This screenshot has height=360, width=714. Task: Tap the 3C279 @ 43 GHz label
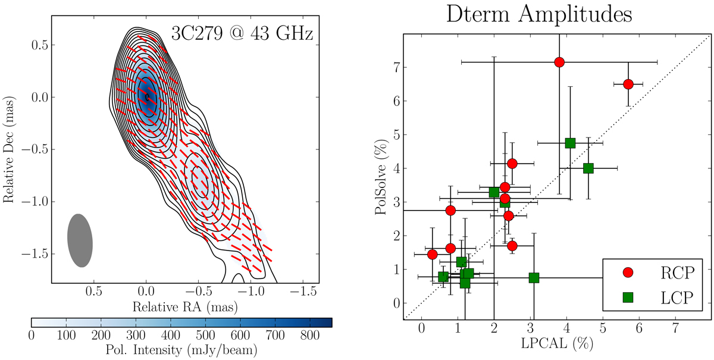(x=242, y=34)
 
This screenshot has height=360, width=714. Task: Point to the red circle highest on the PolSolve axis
(x=559, y=62)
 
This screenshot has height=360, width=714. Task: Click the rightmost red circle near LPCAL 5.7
(x=628, y=84)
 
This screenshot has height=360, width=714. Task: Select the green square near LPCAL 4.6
(x=588, y=168)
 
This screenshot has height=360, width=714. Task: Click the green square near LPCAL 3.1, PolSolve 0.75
(x=534, y=278)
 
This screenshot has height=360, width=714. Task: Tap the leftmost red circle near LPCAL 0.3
(x=433, y=254)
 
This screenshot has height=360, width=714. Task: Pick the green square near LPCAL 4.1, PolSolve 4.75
(x=570, y=143)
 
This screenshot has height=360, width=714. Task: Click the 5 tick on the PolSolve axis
(x=396, y=134)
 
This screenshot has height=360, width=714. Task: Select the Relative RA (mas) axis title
(x=181, y=307)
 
